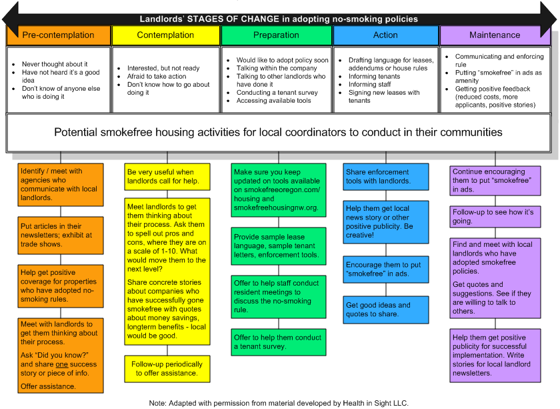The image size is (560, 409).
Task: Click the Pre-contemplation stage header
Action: pos(58,35)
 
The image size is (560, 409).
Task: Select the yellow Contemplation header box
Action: pos(165,35)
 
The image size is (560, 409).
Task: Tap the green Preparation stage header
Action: pos(276,35)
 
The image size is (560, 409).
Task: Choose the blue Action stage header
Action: pos(385,35)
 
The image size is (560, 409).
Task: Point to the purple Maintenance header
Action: pos(495,35)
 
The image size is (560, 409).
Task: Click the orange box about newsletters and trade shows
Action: pos(61,236)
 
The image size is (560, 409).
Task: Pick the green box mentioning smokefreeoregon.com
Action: pos(279,190)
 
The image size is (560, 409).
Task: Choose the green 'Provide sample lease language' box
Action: pos(279,246)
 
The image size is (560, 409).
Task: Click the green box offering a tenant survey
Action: pos(279,342)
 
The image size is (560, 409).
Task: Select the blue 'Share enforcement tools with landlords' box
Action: pos(386,176)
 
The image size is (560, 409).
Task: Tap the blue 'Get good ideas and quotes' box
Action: pos(386,310)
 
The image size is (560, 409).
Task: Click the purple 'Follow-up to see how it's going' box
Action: pos(495,217)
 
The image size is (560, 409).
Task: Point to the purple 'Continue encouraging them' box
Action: pos(495,181)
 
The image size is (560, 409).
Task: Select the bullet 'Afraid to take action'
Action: pos(157,76)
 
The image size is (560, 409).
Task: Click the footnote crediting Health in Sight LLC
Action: pos(279,402)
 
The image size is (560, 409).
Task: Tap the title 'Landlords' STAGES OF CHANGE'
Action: pos(279,19)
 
